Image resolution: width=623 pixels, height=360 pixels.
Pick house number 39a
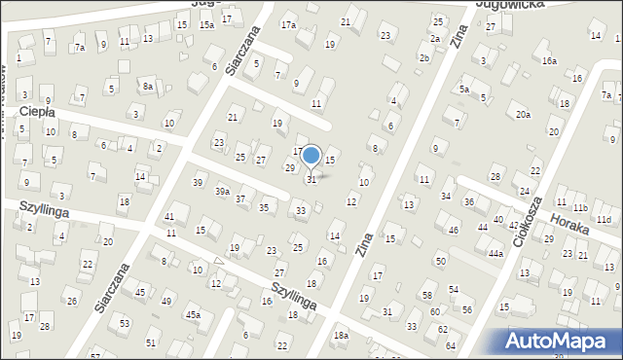pyautogui.click(x=223, y=192)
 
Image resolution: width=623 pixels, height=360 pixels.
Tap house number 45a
pyautogui.click(x=194, y=314)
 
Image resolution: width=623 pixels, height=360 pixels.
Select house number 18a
pyautogui.click(x=341, y=336)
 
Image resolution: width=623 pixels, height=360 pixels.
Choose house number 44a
pyautogui.click(x=495, y=254)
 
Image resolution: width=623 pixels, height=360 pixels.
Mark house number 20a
pyautogui.click(x=523, y=115)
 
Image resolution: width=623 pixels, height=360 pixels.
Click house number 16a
pyautogui.click(x=550, y=60)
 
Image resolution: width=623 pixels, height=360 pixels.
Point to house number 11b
pyautogui.click(x=580, y=208)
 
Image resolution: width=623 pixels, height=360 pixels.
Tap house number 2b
pyautogui.click(x=423, y=58)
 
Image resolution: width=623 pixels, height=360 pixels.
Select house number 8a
pyautogui.click(x=148, y=87)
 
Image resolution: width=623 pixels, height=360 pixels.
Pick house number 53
pyautogui.click(x=124, y=322)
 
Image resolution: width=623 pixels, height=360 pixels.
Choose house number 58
pyautogui.click(x=427, y=295)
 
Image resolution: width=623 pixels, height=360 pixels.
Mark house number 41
pyautogui.click(x=169, y=217)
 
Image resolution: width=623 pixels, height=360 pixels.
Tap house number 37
pyautogui.click(x=240, y=198)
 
